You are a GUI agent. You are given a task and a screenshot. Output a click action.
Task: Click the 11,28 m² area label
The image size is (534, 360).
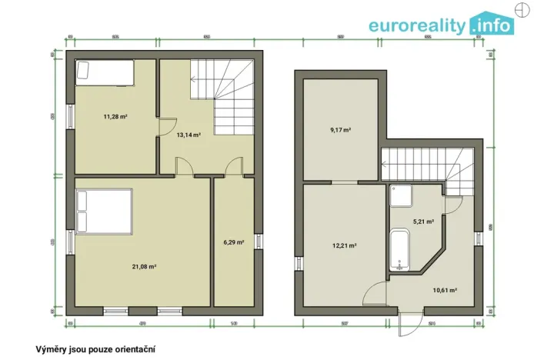(115, 117)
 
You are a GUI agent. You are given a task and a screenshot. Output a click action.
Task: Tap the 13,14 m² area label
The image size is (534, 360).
(189, 135)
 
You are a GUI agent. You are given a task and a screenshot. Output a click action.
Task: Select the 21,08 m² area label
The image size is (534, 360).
(144, 266)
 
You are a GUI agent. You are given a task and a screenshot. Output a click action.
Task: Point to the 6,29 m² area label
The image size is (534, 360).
(233, 242)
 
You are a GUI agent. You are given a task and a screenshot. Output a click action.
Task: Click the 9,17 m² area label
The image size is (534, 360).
(340, 130)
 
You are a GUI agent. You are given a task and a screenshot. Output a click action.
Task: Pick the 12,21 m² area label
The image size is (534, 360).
(343, 245)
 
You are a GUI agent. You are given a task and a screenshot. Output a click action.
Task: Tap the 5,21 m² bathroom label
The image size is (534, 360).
(423, 222)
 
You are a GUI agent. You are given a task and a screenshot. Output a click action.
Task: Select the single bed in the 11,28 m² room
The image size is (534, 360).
(104, 73)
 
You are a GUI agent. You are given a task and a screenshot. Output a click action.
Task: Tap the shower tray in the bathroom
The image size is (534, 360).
(401, 195)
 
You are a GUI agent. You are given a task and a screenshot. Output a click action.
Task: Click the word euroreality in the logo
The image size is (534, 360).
(417, 25)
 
